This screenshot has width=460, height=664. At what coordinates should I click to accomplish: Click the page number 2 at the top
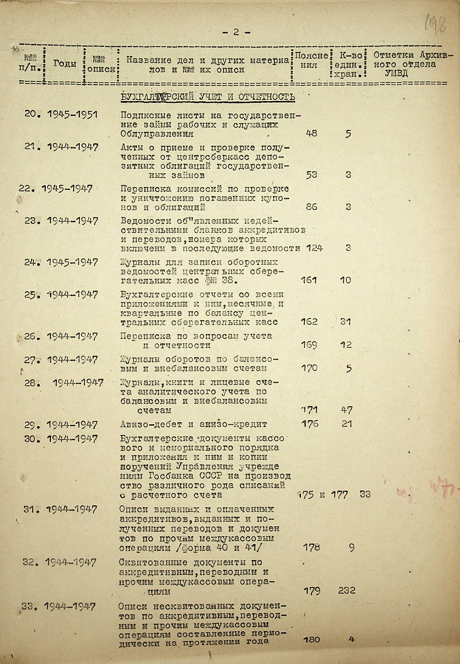(x=236, y=32)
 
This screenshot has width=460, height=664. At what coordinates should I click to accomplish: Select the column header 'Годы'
(x=65, y=64)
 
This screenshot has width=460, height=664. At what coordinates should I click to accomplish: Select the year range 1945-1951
(x=72, y=115)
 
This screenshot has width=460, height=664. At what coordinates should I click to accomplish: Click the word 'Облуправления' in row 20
(x=157, y=134)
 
